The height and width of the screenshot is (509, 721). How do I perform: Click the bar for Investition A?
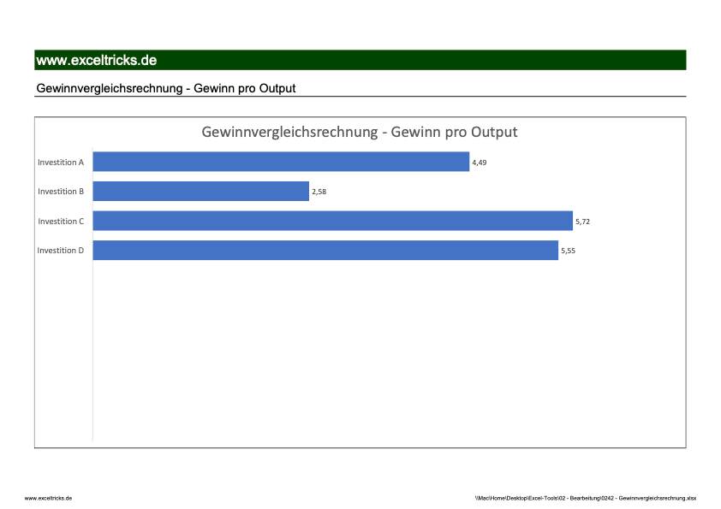pos(281,162)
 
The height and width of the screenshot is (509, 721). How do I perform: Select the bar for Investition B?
pos(200,192)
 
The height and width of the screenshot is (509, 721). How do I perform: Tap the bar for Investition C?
pos(332,221)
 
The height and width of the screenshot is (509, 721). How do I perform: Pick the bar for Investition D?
pos(325,251)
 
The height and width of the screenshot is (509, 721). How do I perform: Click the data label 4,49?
pos(480,163)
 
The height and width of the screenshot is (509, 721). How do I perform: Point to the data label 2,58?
pos(319,192)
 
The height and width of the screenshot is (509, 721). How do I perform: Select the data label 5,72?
pos(582,222)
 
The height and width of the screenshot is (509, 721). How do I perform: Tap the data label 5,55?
pos(568,251)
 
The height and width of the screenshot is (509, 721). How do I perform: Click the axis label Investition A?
pos(61,162)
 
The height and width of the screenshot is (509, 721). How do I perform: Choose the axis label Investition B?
pos(61,192)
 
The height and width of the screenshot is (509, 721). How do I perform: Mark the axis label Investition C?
pos(61,222)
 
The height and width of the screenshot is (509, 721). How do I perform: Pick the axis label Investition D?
pos(61,251)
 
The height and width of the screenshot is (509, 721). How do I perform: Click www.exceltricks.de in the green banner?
pos(96,60)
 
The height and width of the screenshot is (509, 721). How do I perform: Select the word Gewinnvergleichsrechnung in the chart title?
pos(289,133)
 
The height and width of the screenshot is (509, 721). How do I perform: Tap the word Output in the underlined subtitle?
pos(276,88)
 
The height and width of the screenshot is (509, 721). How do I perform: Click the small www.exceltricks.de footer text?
pos(48,497)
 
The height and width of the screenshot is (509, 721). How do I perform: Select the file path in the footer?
pos(586,497)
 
